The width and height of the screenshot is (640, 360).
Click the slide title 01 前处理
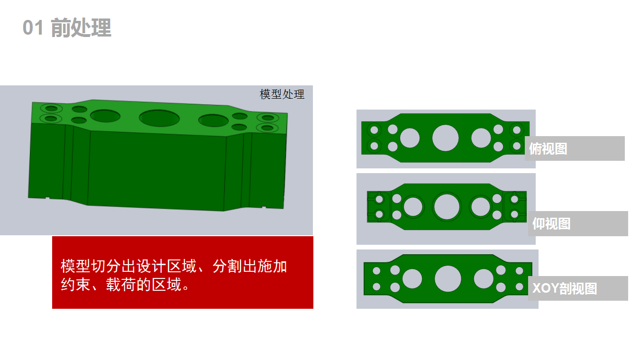[x=67, y=28]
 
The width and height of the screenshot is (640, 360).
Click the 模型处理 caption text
[x=282, y=94]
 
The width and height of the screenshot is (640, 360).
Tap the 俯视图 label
[x=548, y=149]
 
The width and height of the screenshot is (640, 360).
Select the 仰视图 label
[x=551, y=223]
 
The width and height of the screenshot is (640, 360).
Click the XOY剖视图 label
[x=565, y=288]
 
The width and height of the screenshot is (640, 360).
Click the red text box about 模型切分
[x=183, y=272]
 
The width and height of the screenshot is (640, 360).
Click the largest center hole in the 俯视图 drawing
[x=446, y=138]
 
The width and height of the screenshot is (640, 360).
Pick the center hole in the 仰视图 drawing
[x=447, y=207]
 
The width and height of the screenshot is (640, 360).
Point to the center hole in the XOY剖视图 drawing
[x=448, y=278]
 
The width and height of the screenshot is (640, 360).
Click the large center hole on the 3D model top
[x=159, y=118]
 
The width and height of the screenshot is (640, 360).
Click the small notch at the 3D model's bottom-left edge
[x=47, y=197]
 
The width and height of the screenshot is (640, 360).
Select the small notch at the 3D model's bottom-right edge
[x=264, y=207]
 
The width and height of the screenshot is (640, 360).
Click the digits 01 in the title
[x=33, y=28]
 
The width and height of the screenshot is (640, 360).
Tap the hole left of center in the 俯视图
[x=410, y=138]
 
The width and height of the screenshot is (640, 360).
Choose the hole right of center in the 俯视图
[x=481, y=138]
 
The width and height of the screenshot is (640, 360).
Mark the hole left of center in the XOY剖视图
[x=412, y=279]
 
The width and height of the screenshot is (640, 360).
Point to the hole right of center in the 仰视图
[x=481, y=207]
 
